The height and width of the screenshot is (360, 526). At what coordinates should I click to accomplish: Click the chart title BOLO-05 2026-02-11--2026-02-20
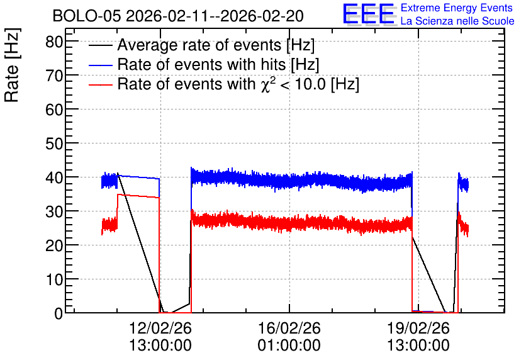point(178,16)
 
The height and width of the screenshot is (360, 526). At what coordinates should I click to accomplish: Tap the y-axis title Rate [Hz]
point(12,65)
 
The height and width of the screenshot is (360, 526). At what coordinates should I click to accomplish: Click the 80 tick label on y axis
point(54,42)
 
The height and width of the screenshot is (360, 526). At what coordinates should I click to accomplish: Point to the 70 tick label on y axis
point(54,76)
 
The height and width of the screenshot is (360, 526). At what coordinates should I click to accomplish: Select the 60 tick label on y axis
point(54,110)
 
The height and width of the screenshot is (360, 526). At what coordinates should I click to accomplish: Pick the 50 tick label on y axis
point(54,144)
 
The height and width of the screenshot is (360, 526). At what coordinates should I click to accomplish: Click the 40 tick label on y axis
point(54,178)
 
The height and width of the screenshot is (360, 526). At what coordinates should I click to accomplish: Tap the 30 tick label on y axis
point(54,211)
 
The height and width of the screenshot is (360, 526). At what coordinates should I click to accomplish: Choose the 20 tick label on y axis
point(54,246)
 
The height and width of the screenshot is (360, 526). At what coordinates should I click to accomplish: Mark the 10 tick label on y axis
point(54,280)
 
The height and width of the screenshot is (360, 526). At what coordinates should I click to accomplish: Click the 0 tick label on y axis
point(59,313)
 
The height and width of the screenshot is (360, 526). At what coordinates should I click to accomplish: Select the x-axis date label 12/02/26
point(160,328)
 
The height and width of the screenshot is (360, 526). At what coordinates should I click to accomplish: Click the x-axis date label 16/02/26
point(289,328)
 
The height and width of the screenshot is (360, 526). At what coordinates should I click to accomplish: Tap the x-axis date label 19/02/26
point(418,328)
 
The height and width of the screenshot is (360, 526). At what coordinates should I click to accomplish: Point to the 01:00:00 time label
point(289,346)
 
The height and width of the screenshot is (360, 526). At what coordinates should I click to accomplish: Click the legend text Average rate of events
point(199,45)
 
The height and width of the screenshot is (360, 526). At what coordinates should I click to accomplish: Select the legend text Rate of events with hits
point(201,64)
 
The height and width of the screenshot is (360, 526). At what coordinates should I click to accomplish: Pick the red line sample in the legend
point(101,84)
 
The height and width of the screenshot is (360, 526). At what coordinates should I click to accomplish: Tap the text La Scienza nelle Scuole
point(457,21)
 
